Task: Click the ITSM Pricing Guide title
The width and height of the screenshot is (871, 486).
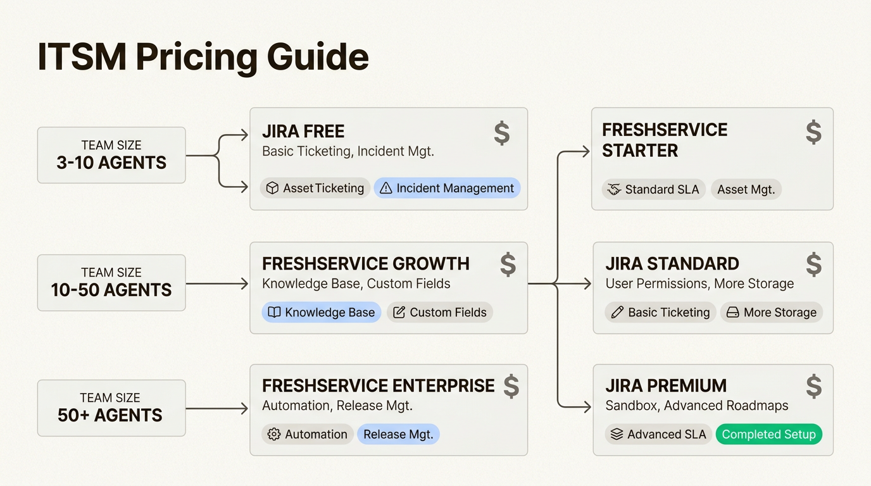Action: pyautogui.click(x=203, y=58)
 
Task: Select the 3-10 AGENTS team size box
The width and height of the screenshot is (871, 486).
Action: pyautogui.click(x=111, y=155)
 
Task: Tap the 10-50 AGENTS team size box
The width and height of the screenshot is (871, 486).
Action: pyautogui.click(x=111, y=282)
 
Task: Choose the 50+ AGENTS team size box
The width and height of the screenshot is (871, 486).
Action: pyautogui.click(x=111, y=408)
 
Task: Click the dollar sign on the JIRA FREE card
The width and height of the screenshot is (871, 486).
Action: pyautogui.click(x=501, y=134)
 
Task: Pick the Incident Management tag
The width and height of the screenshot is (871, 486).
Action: pyautogui.click(x=447, y=188)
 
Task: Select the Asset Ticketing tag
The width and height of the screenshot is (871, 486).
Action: pyautogui.click(x=315, y=188)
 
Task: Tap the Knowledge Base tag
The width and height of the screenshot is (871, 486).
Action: pyautogui.click(x=322, y=312)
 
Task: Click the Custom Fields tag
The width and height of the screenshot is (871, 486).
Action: pyautogui.click(x=440, y=312)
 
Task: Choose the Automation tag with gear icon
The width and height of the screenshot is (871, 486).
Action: pyautogui.click(x=308, y=434)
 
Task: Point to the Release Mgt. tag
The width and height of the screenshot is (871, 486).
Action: pyautogui.click(x=398, y=434)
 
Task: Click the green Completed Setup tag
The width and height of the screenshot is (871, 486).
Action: pyautogui.click(x=768, y=434)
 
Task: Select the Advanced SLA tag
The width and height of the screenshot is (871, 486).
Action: pyautogui.click(x=658, y=434)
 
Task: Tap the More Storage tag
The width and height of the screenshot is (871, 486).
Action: pyautogui.click(x=771, y=312)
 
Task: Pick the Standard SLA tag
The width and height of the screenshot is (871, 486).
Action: pyautogui.click(x=653, y=189)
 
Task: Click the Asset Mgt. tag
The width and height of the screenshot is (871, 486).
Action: pyautogui.click(x=746, y=189)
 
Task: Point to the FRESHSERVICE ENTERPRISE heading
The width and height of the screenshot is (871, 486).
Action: pyautogui.click(x=379, y=385)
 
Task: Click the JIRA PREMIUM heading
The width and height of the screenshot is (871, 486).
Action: pyautogui.click(x=666, y=385)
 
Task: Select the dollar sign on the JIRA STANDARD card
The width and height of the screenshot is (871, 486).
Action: pyautogui.click(x=813, y=265)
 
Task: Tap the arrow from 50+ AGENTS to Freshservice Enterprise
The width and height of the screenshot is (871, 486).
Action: pyautogui.click(x=216, y=409)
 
